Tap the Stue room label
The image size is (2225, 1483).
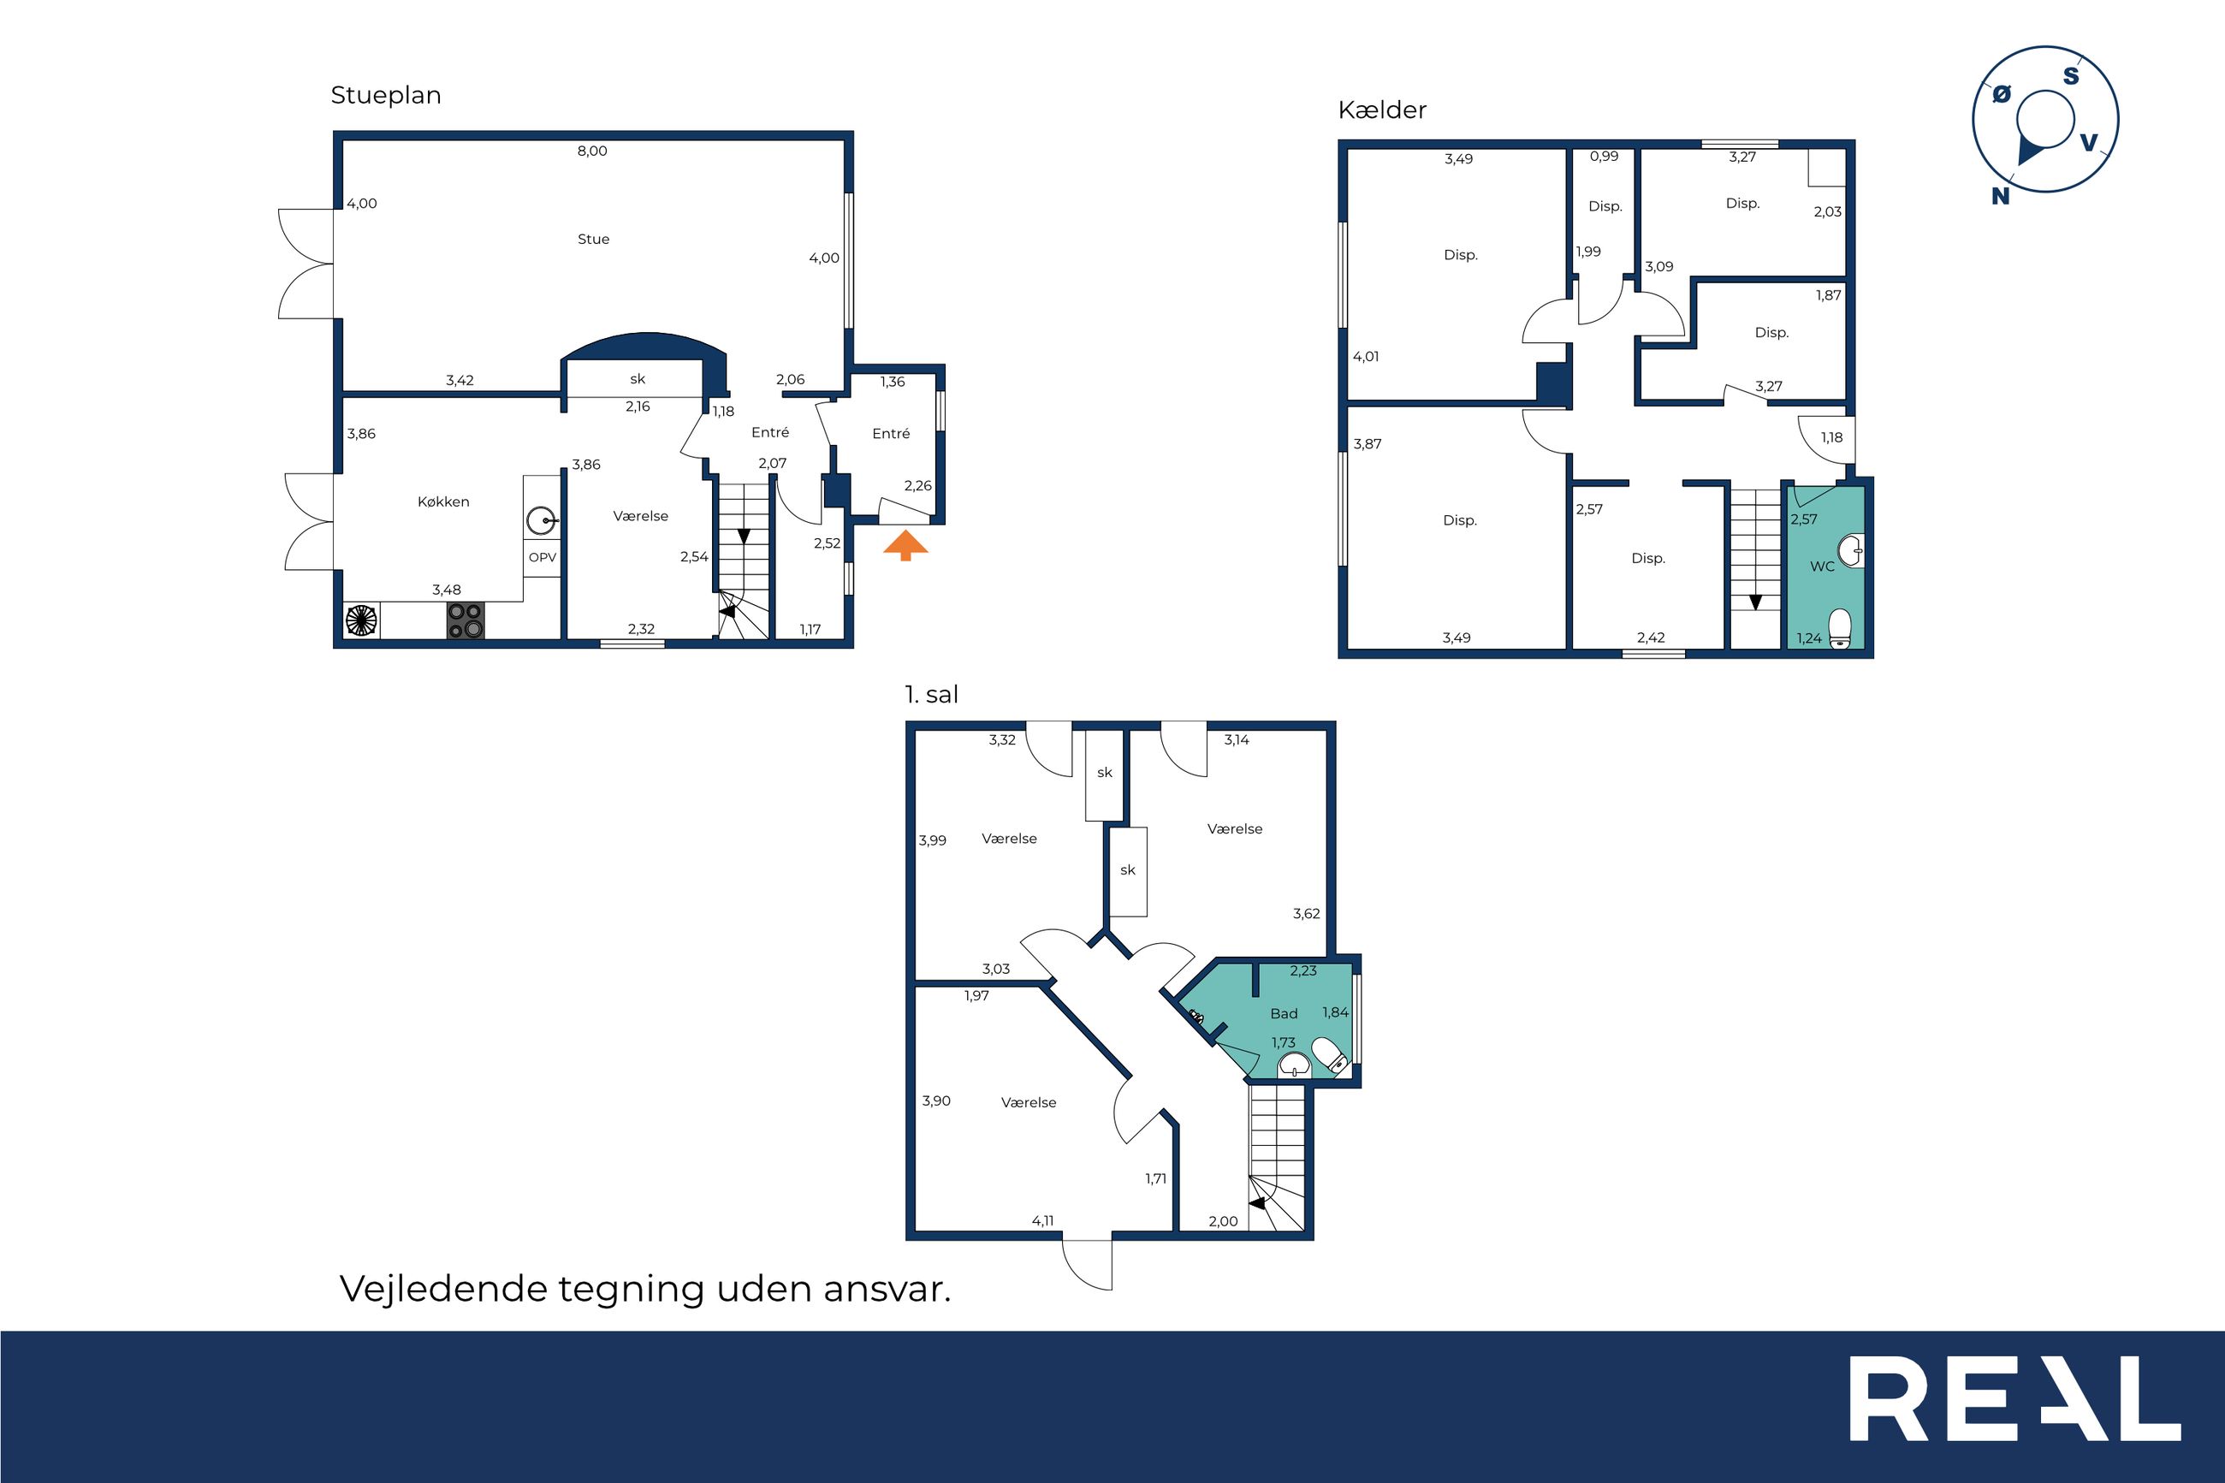click(593, 240)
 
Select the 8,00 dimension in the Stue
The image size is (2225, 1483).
click(592, 151)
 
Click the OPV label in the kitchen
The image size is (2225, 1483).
click(542, 557)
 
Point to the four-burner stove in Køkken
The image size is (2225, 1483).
click(466, 621)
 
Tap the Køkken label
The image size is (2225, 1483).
click(443, 502)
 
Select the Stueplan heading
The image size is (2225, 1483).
click(386, 96)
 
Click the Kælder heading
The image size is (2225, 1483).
click(1381, 110)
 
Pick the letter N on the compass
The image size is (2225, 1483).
click(2000, 196)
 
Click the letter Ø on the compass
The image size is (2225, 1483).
click(2002, 95)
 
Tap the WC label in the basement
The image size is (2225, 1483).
click(1821, 567)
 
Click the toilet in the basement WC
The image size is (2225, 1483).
click(1839, 628)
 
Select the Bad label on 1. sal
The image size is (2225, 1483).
click(1283, 1014)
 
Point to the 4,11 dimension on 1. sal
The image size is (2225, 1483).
click(1042, 1221)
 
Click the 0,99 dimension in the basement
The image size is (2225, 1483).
click(1604, 157)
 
